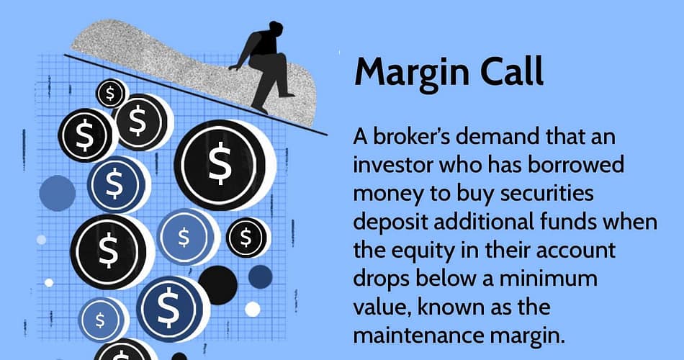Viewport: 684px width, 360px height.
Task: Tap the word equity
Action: pyautogui.click(x=427, y=251)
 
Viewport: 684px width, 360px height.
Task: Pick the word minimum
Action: pyautogui.click(x=548, y=279)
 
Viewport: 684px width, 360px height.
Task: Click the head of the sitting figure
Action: pyautogui.click(x=275, y=27)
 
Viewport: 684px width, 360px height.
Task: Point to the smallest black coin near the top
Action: pyautogui.click(x=110, y=93)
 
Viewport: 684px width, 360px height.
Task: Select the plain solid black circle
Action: pyautogui.click(x=217, y=285)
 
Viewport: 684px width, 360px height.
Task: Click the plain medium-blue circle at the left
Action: pyautogui.click(x=58, y=193)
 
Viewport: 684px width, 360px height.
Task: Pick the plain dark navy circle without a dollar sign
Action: pyautogui.click(x=261, y=276)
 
